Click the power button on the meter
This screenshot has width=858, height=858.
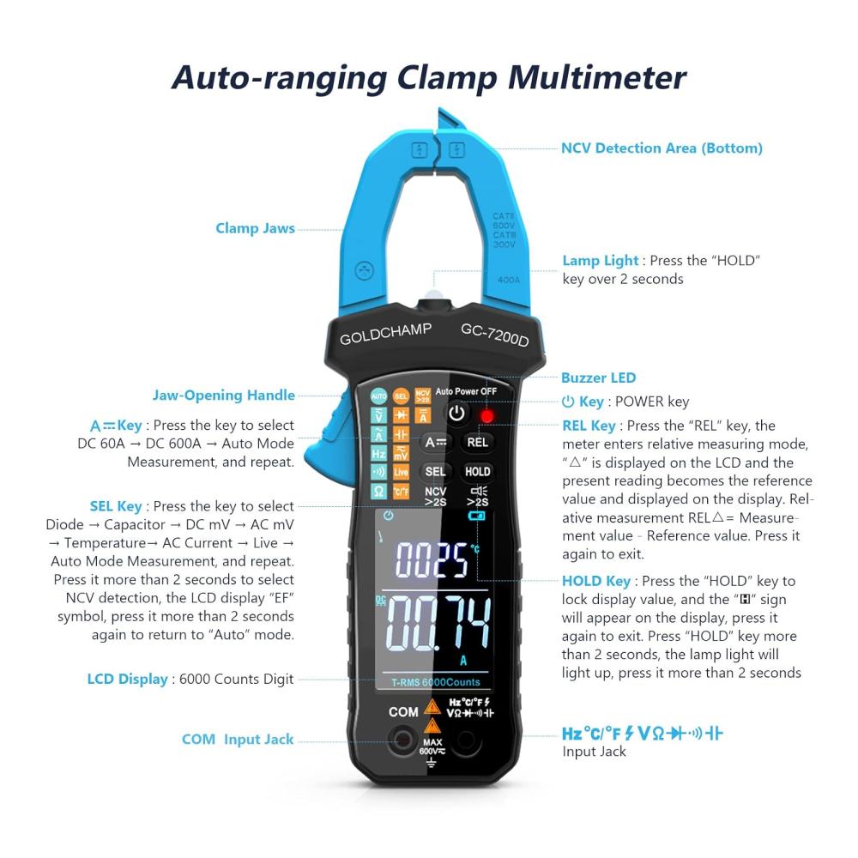click(456, 414)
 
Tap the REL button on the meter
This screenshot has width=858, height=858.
click(477, 442)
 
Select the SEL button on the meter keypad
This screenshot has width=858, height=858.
click(435, 471)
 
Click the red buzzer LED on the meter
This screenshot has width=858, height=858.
click(486, 416)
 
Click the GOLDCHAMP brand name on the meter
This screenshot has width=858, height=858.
click(385, 334)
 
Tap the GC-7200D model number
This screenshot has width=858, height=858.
click(495, 335)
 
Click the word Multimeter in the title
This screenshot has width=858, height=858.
click(596, 77)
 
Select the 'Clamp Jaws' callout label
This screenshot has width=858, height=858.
click(255, 228)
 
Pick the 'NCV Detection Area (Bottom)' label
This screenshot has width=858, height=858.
click(662, 148)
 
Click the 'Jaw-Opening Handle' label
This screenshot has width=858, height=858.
click(223, 395)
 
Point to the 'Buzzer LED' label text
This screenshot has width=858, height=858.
click(599, 378)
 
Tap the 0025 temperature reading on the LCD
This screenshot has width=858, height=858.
click(432, 559)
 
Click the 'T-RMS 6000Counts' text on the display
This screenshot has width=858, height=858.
click(436, 682)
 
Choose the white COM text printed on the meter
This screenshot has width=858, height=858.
click(403, 712)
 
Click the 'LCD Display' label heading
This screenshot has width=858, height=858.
click(128, 679)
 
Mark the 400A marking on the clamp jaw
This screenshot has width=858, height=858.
click(508, 281)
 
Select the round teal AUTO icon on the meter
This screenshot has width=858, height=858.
click(378, 396)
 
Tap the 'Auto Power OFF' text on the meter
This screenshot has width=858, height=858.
click(466, 391)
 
